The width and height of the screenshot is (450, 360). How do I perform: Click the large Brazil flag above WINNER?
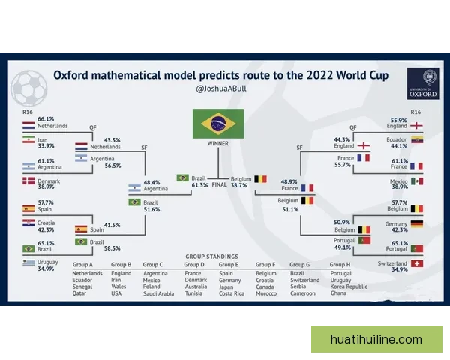coord(218,124)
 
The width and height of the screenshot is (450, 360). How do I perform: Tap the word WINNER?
coord(218,143)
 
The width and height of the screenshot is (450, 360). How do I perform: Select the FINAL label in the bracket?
coord(219,185)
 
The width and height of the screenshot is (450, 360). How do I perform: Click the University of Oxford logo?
coord(423,83)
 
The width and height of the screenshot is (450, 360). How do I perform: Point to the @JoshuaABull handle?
coord(221,88)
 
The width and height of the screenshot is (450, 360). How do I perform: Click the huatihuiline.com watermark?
coord(376,339)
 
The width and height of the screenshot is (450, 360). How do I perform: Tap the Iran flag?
coord(28,139)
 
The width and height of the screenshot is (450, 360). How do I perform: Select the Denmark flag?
coord(28,181)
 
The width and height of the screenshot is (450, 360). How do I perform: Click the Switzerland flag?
coord(417,263)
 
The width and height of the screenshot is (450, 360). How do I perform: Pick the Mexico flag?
coord(417,181)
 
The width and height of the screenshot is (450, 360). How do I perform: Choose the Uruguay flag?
coord(28,262)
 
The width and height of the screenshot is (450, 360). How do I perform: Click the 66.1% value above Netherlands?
coord(46,119)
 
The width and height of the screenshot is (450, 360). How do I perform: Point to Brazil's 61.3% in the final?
coord(199,185)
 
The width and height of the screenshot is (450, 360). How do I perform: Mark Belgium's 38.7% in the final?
coord(239,186)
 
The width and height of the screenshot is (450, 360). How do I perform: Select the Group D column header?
coord(194,265)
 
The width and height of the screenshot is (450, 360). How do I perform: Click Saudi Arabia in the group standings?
coord(159,293)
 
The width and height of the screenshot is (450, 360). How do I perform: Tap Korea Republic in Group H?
coord(349,286)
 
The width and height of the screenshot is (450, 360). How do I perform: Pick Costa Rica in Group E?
coord(232,293)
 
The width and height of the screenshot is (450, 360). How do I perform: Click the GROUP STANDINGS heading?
coord(211,256)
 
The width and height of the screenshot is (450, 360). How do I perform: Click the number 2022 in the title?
coord(319,75)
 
